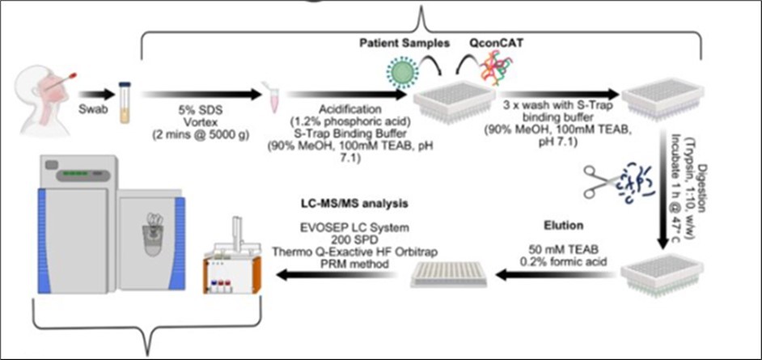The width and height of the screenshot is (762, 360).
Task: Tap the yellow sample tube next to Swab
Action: click(x=125, y=101)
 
